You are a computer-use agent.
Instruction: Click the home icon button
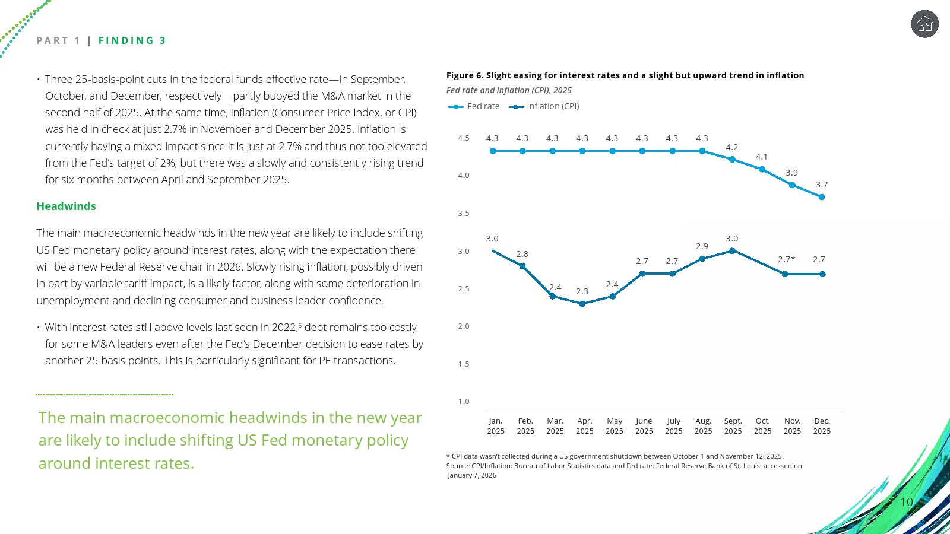tap(924, 24)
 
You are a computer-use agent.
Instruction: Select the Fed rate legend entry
tap(474, 106)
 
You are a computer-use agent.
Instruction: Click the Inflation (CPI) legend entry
tap(544, 106)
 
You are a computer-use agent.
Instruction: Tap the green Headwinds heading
tap(66, 206)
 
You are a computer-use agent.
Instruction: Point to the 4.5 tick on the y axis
tap(464, 138)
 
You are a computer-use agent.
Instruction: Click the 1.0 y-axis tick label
tap(464, 402)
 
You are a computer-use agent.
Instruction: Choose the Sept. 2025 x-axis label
tap(733, 426)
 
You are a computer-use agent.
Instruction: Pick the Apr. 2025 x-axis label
tap(585, 426)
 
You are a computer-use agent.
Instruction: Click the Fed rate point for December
tap(822, 197)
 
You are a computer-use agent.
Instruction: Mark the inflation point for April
tap(582, 304)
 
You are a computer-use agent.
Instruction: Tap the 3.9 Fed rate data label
tap(791, 173)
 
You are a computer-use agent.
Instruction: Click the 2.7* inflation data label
tap(786, 259)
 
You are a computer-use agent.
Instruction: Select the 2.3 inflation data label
tap(582, 291)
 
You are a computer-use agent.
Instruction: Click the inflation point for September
tap(732, 251)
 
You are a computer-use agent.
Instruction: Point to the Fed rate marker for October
tap(762, 169)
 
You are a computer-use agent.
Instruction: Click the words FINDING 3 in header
tap(132, 40)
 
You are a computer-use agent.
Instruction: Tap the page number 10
tap(906, 502)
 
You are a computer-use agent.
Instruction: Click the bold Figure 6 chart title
tap(625, 75)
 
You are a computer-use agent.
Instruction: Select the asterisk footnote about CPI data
tap(615, 456)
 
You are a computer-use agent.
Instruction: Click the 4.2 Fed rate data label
tap(731, 147)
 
